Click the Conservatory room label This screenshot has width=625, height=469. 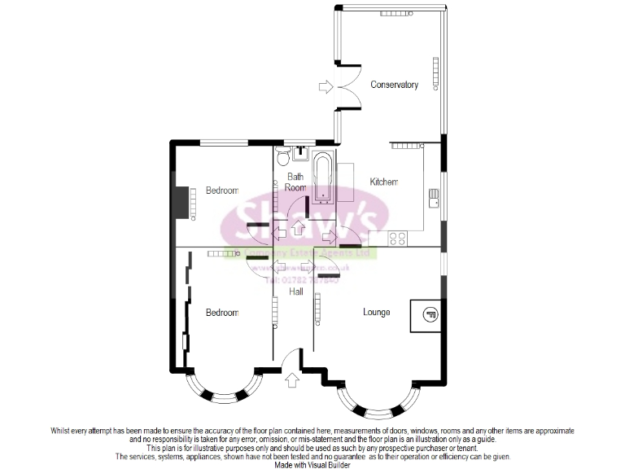point(394,85)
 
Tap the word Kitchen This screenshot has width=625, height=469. point(384,182)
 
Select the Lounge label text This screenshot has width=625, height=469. point(376,312)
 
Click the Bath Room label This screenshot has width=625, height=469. point(295,182)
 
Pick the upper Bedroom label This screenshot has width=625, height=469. point(221,191)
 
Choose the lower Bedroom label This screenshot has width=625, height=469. point(221,313)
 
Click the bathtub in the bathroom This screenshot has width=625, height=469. point(323,176)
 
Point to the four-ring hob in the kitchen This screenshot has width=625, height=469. point(399,239)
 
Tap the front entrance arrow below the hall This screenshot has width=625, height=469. point(292,379)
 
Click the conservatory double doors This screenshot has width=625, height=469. point(348,85)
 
